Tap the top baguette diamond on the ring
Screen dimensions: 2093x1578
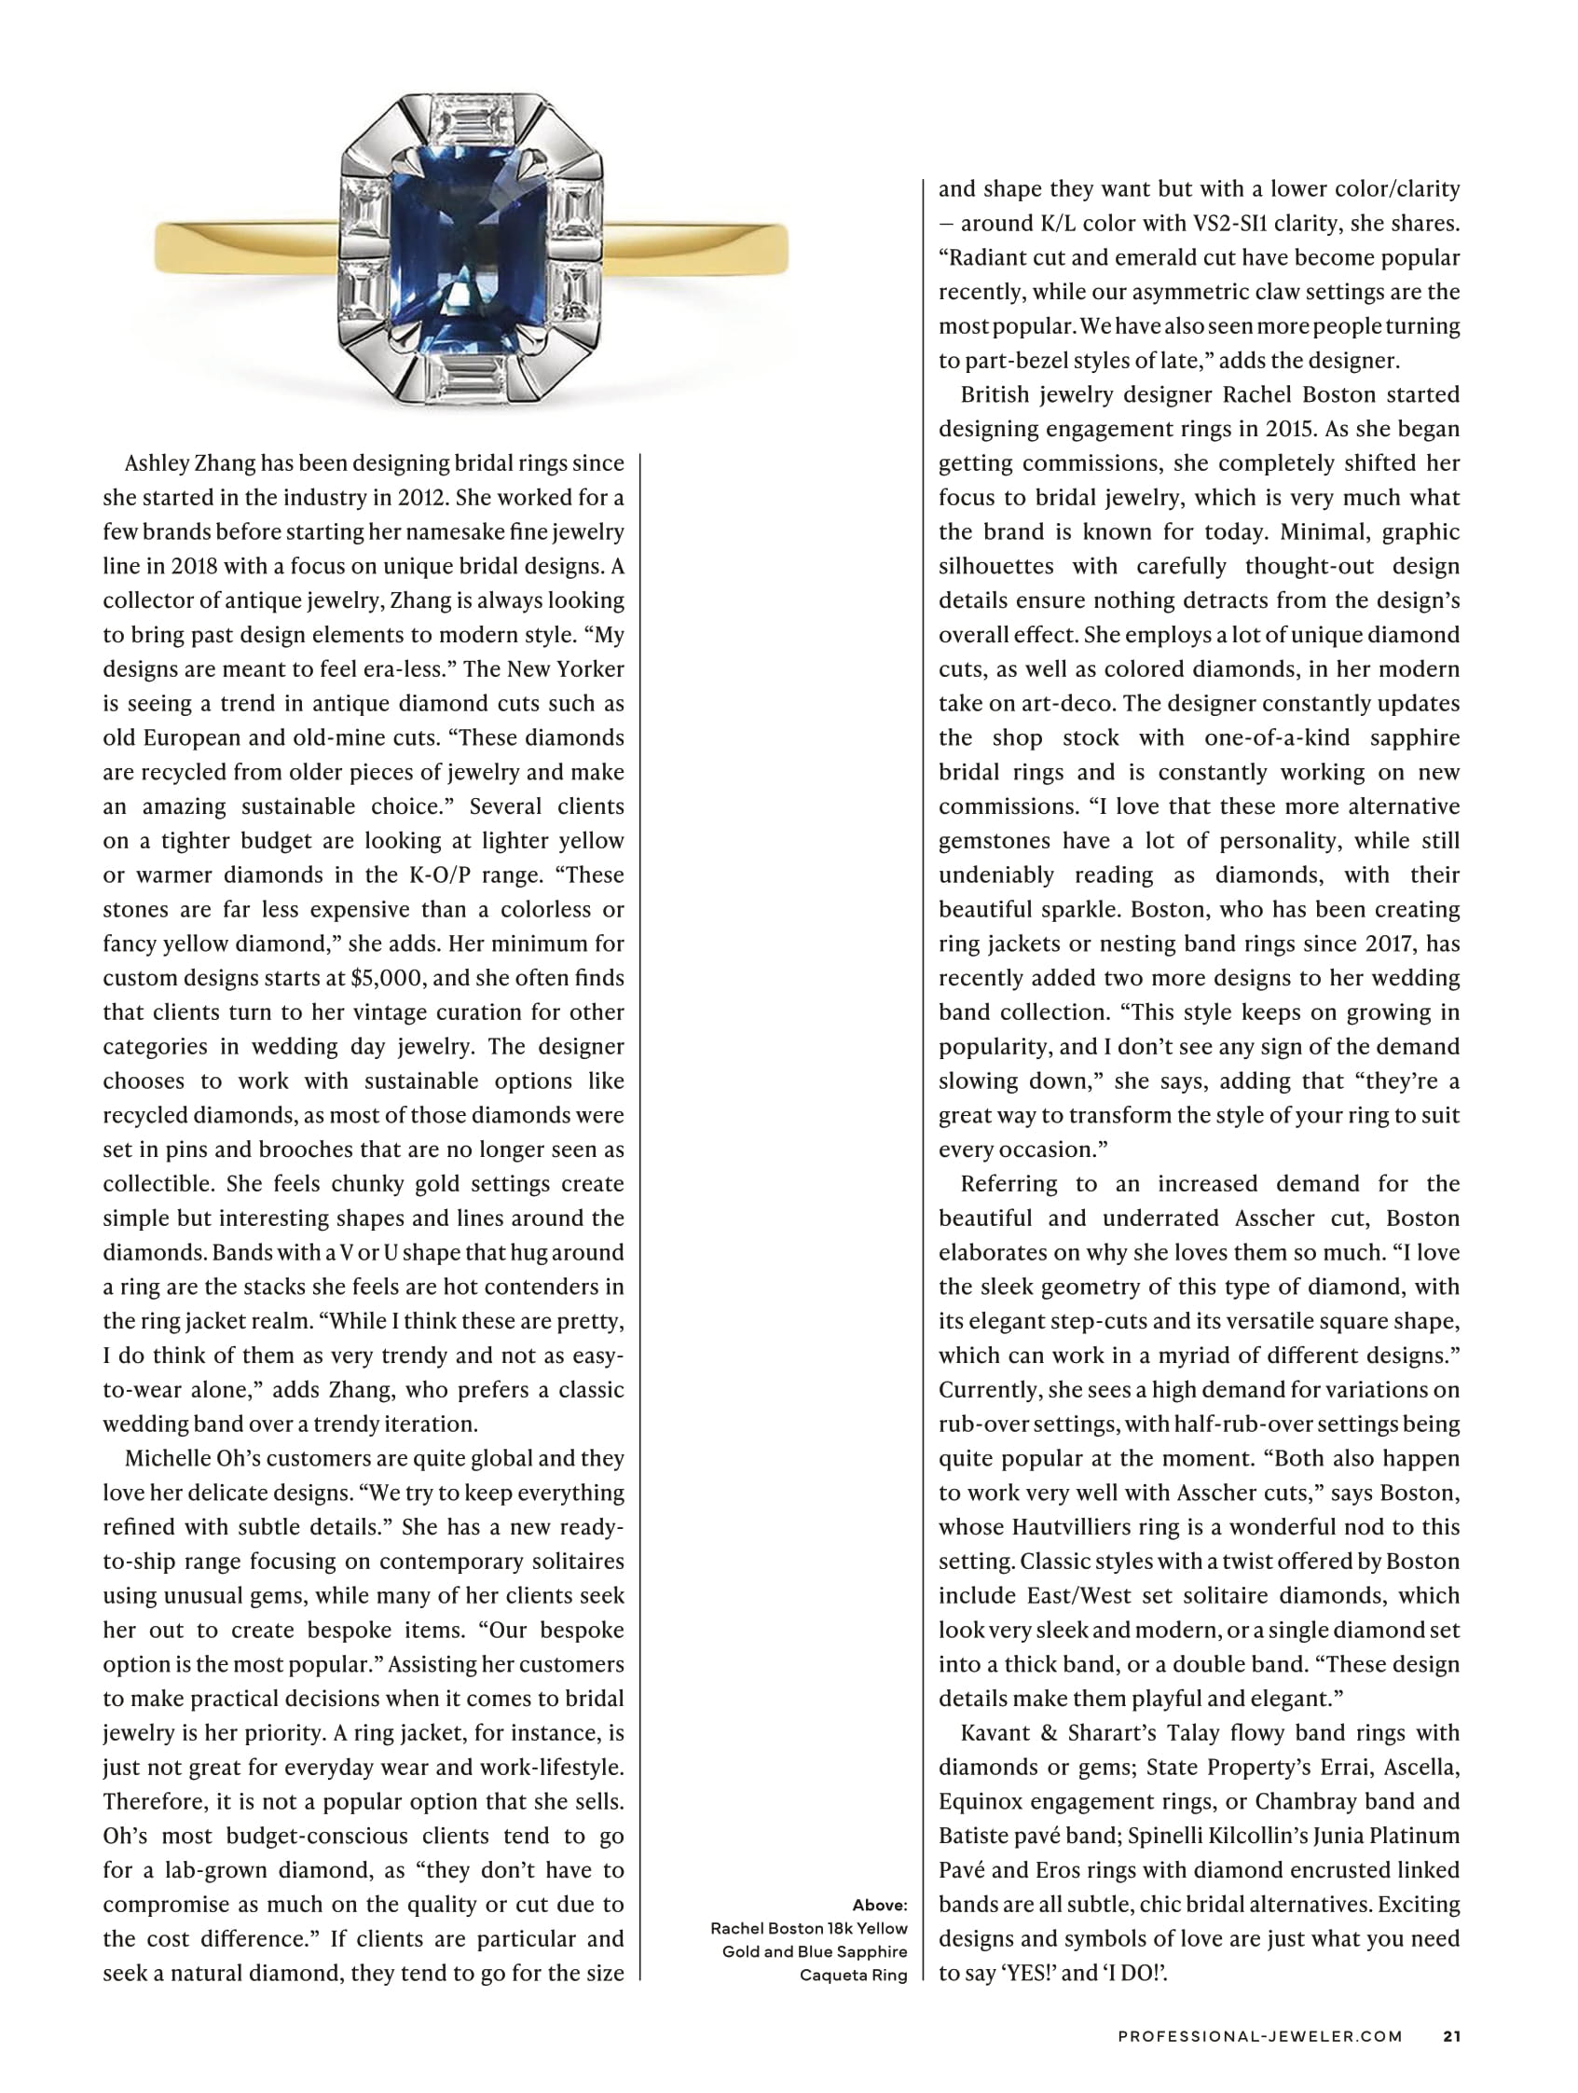[470, 118]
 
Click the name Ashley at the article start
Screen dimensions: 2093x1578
[155, 463]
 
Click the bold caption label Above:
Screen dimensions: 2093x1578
[880, 1905]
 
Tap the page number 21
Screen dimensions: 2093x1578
[1451, 2035]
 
